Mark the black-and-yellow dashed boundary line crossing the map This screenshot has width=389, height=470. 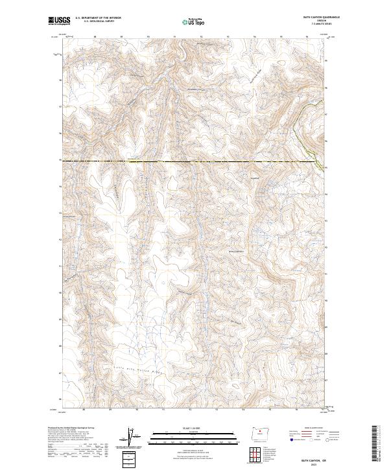coord(194,160)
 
